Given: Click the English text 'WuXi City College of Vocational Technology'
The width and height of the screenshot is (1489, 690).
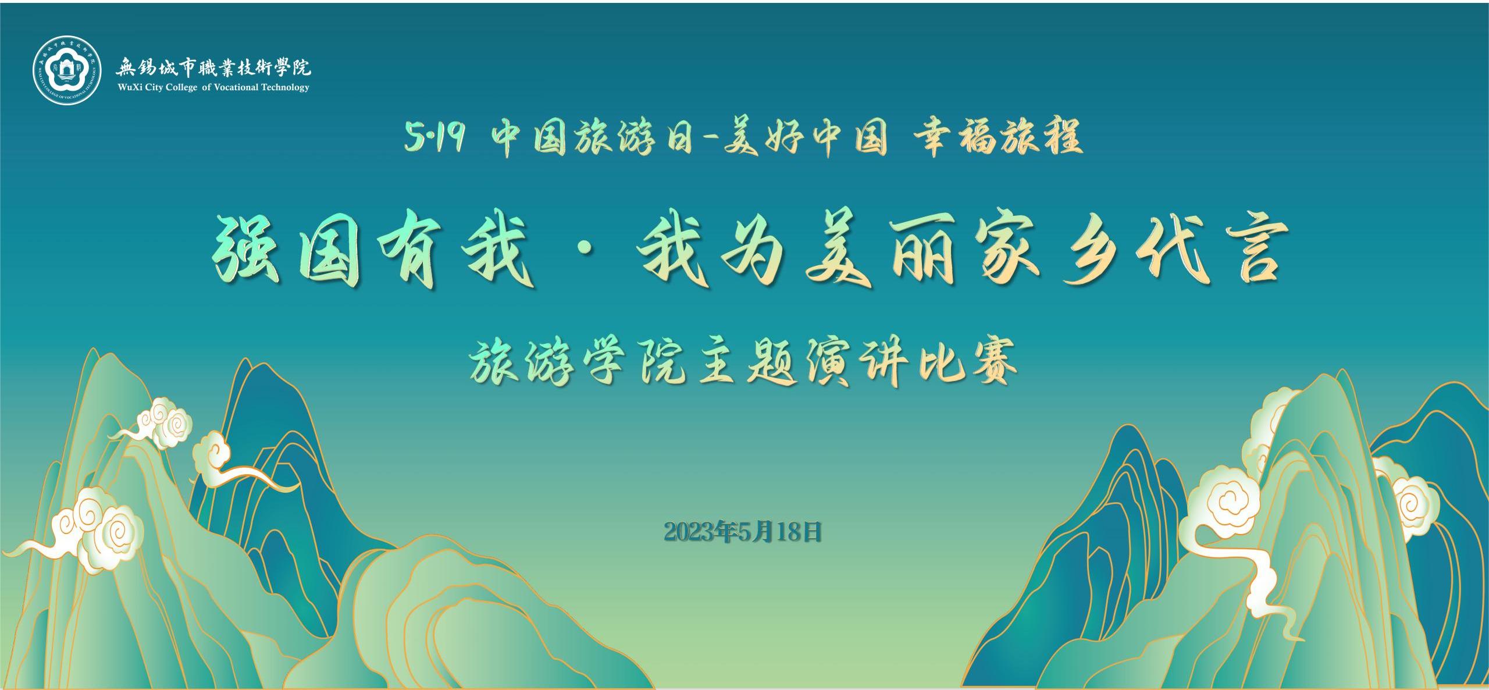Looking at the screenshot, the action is (x=213, y=87).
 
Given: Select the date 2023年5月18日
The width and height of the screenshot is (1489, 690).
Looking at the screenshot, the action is (x=742, y=531).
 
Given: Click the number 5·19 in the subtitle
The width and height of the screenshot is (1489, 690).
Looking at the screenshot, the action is (x=434, y=139).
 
